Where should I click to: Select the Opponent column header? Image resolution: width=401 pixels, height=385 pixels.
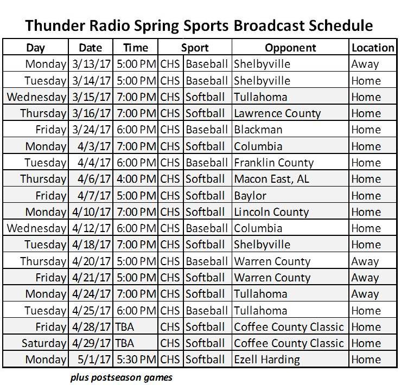[x=290, y=48]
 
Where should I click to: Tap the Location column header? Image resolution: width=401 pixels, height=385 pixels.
[x=373, y=48]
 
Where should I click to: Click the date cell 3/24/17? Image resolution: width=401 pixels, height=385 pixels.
[x=91, y=130]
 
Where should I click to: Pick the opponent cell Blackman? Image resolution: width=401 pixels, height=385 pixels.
[x=258, y=130]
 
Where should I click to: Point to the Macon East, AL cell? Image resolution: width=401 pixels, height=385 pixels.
[x=271, y=179]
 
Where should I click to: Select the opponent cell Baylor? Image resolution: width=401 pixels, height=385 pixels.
[x=250, y=195]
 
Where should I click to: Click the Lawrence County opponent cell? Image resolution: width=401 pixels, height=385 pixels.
[x=277, y=113]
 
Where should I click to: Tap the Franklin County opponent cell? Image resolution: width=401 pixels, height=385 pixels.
[x=273, y=163]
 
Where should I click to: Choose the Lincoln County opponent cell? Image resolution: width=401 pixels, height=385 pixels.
[x=271, y=212]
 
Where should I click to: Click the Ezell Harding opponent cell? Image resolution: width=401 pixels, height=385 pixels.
[x=266, y=360]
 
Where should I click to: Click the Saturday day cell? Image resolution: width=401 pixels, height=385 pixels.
[x=44, y=343]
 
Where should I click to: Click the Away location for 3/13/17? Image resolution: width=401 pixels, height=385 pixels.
[x=365, y=64]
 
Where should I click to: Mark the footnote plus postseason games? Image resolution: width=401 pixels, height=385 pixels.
[x=121, y=376]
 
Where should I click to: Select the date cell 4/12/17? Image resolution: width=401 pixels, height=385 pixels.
[x=91, y=228]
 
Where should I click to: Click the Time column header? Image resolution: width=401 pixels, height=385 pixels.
[x=135, y=48]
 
